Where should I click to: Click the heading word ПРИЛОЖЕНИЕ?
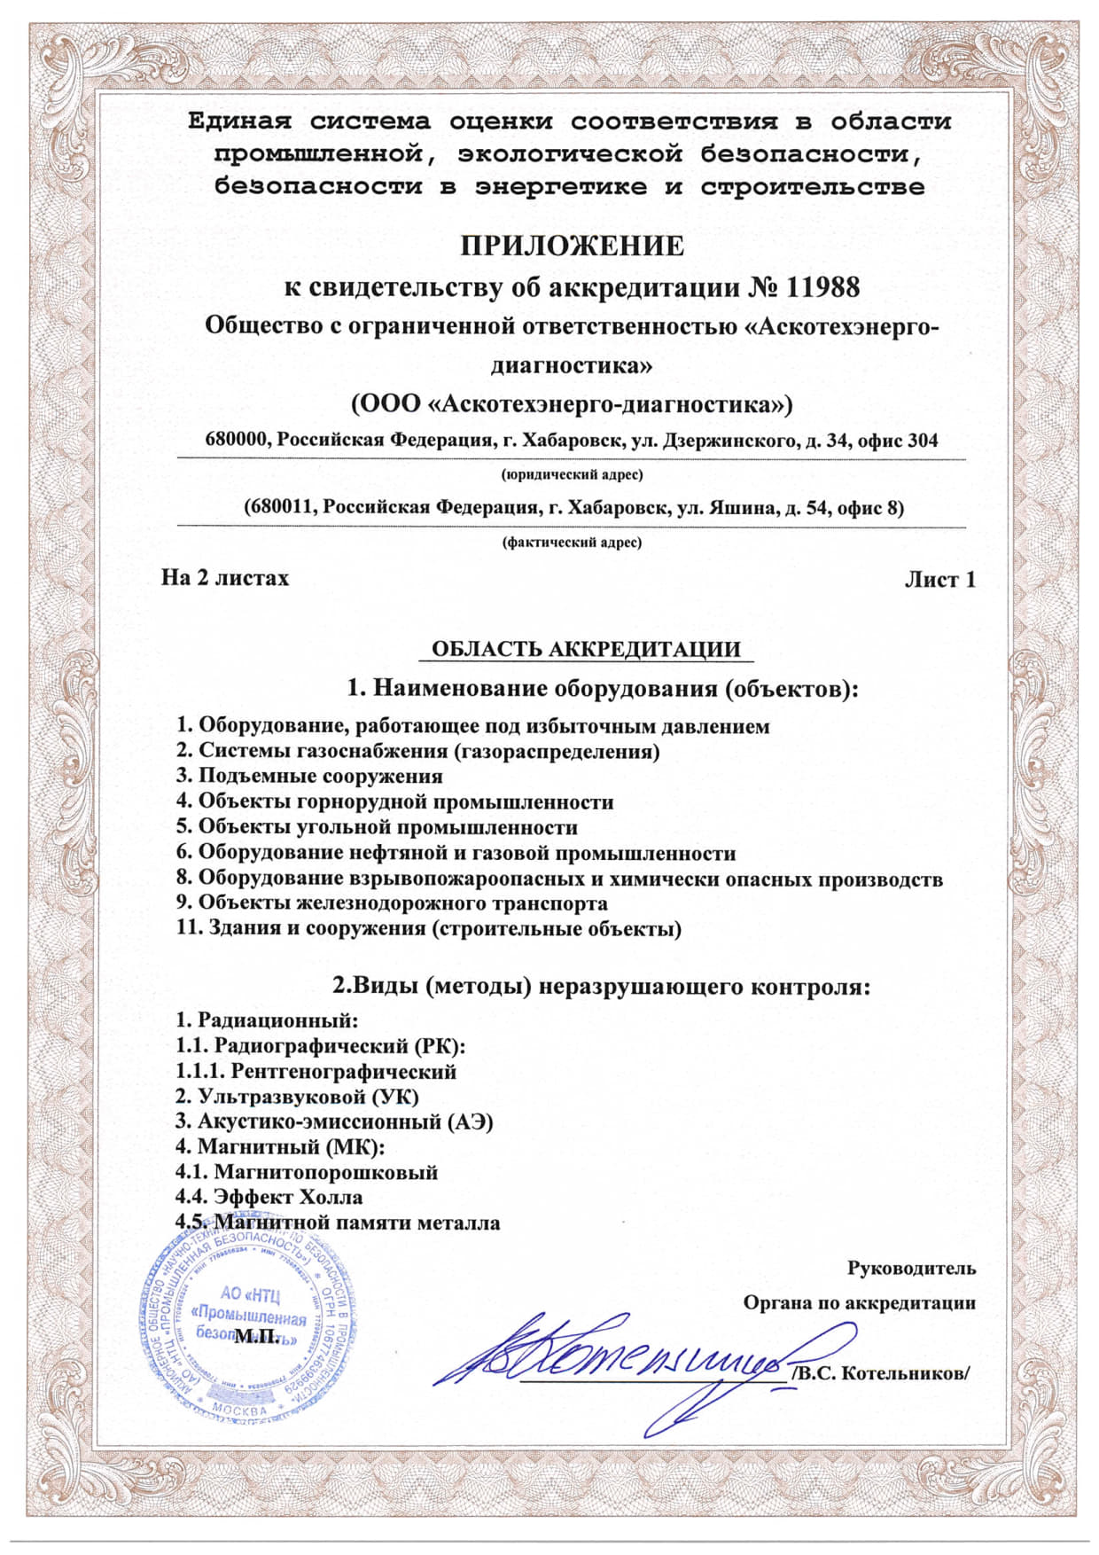(572, 245)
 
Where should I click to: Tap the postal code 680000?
(237, 440)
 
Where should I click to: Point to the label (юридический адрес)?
(572, 475)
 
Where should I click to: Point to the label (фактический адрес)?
(572, 543)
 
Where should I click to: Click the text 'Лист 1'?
(939, 580)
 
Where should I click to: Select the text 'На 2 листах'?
(225, 578)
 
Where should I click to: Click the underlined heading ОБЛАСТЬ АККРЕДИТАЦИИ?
(585, 649)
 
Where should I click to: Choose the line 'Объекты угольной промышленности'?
(387, 827)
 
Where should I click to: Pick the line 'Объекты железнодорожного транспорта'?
(402, 903)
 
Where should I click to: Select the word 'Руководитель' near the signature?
(911, 1269)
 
